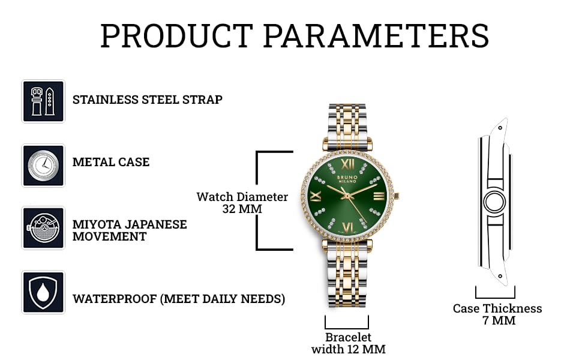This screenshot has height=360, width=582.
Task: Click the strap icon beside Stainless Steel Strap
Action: pos(43,101)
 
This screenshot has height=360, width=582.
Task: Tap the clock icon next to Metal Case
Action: pos(43,166)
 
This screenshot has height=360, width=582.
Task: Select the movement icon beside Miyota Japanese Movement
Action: pos(43,228)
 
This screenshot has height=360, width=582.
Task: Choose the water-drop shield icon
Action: pos(43,292)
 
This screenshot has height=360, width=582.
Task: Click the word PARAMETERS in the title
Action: pos(376,36)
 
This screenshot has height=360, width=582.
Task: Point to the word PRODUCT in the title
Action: pos(176,36)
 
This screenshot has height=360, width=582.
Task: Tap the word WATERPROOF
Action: pos(115,299)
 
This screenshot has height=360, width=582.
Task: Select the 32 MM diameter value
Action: pos(242,209)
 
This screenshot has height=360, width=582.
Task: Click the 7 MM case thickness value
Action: pos(499,320)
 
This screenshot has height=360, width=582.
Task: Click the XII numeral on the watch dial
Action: pos(348,164)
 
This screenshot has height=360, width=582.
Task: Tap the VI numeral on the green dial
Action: pos(348,227)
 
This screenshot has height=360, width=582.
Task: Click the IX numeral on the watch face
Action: pos(316,196)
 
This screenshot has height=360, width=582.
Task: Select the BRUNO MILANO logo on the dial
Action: pos(347,179)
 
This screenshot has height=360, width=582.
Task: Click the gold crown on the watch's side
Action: pos(397,196)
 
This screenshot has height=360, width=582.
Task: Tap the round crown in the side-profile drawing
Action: pos(494,202)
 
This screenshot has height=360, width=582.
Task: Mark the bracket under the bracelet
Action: pos(347,328)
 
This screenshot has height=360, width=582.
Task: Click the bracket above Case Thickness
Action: pos(495,297)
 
